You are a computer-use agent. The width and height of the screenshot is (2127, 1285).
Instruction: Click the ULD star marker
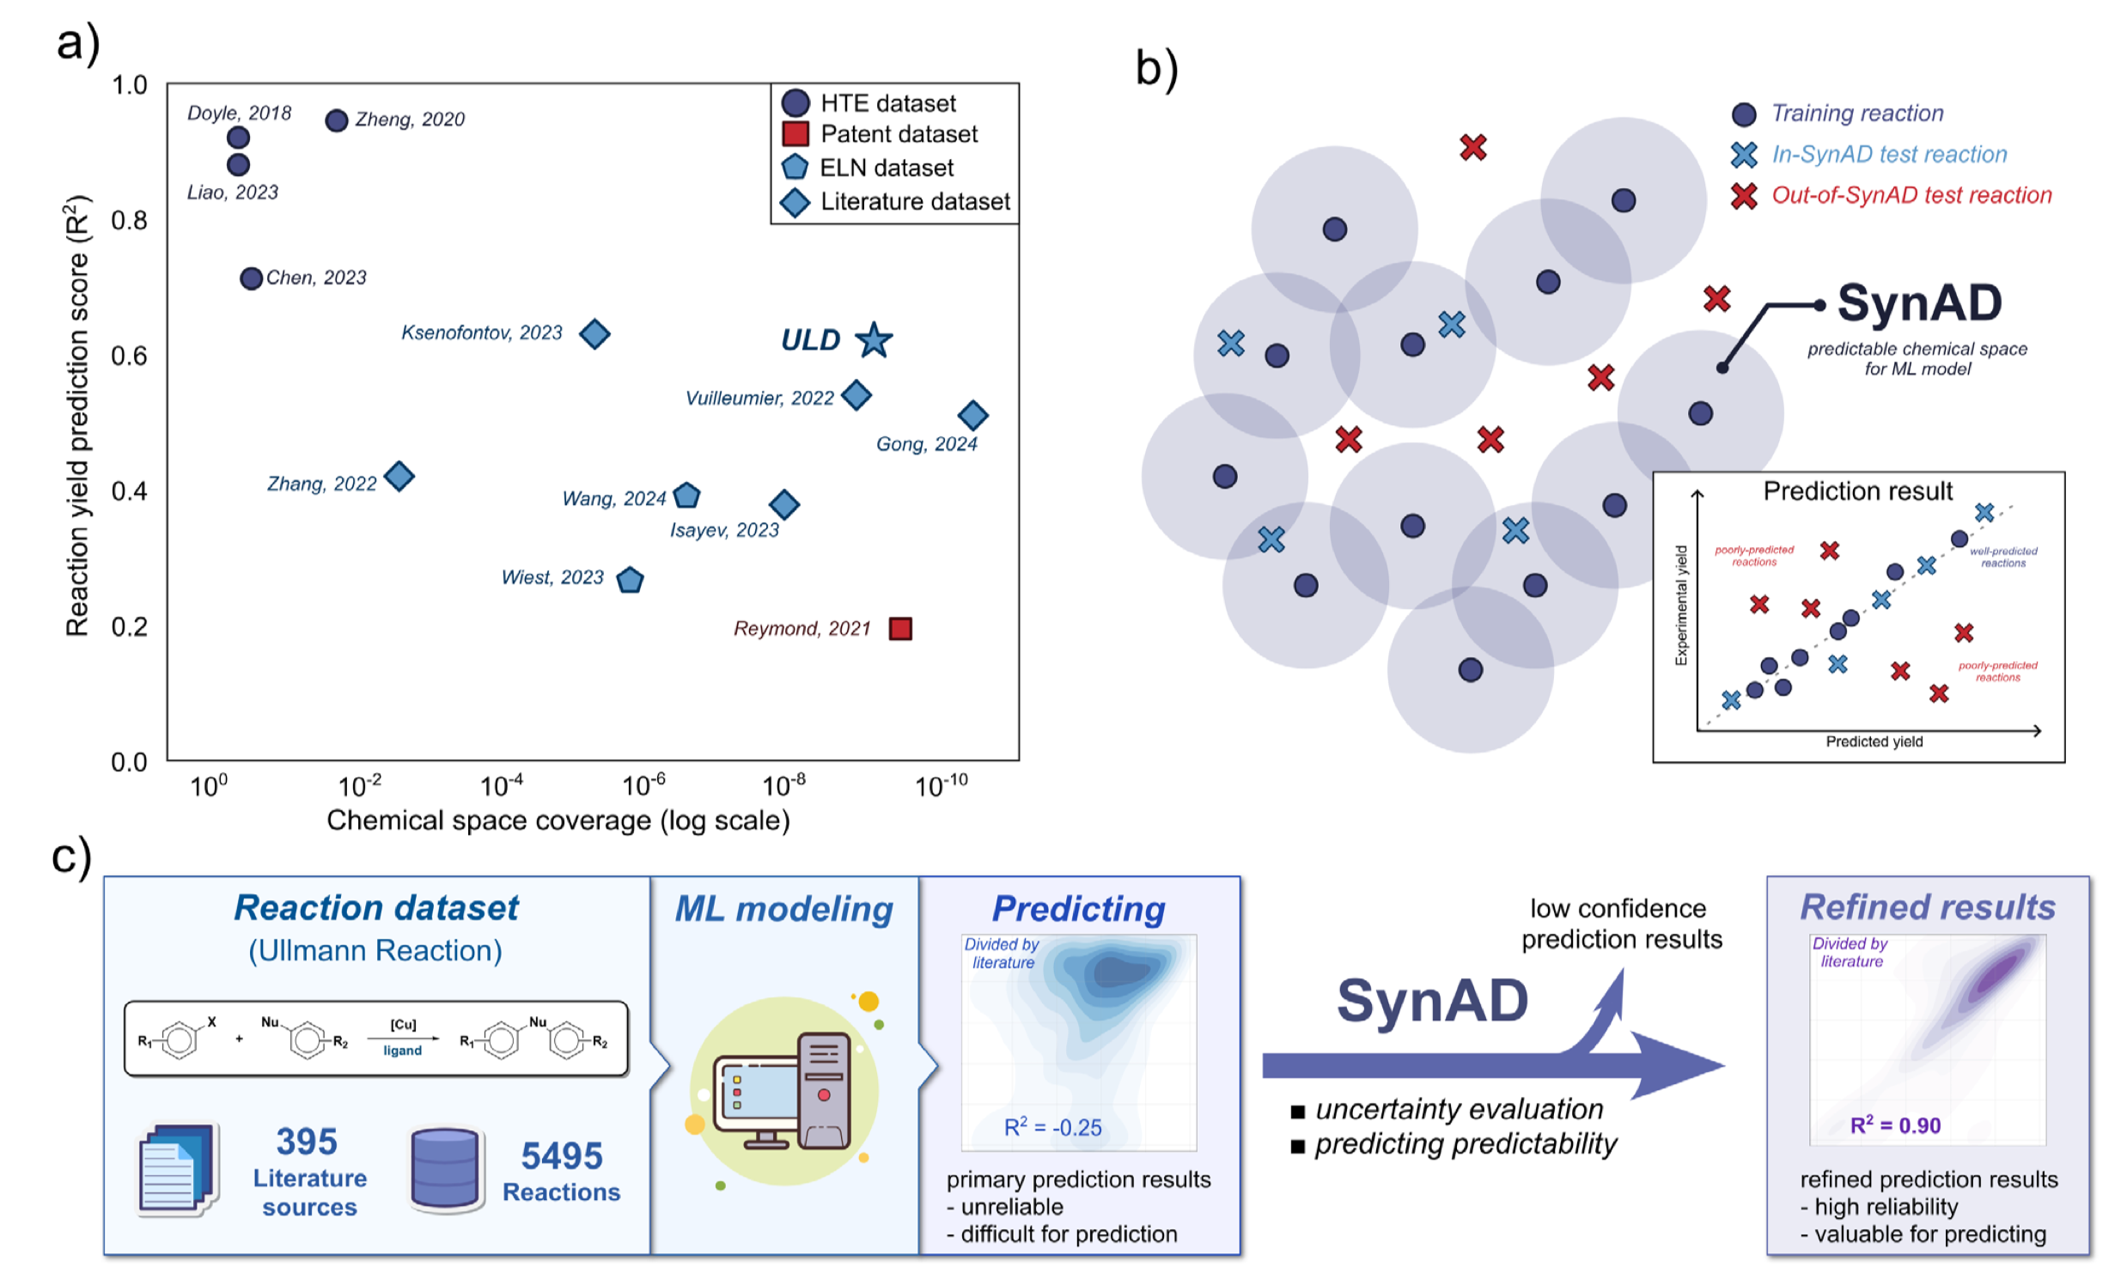[874, 340]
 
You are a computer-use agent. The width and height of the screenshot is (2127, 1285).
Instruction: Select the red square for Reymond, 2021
[900, 628]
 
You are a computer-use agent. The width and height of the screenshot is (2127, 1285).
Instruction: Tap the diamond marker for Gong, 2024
[972, 415]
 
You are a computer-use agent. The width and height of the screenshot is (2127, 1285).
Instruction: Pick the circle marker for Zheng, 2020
[337, 120]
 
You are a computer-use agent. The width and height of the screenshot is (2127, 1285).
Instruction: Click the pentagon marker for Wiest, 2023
[631, 580]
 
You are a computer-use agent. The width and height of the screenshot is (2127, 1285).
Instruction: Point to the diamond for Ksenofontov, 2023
[594, 333]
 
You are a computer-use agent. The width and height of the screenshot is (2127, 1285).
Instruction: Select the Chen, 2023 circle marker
[251, 278]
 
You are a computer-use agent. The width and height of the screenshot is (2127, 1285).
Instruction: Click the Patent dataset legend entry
[898, 134]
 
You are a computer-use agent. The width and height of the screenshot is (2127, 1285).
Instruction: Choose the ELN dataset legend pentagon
[794, 167]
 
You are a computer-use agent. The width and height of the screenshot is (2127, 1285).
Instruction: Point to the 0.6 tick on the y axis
[130, 356]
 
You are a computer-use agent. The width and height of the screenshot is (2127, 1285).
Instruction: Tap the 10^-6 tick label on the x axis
[644, 785]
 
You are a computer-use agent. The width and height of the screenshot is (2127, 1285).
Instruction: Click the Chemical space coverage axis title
[558, 819]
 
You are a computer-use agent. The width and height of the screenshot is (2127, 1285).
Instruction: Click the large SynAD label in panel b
[1919, 303]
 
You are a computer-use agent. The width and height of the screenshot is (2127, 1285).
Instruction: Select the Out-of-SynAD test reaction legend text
[1911, 195]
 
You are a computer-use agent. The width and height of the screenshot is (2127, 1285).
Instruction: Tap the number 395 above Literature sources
[307, 1142]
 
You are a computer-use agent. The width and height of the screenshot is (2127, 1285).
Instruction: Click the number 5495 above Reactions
[561, 1155]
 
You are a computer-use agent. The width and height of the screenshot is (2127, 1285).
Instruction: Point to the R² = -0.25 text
[1052, 1126]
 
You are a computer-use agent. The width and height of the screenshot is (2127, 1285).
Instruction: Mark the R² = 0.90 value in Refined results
[1895, 1124]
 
